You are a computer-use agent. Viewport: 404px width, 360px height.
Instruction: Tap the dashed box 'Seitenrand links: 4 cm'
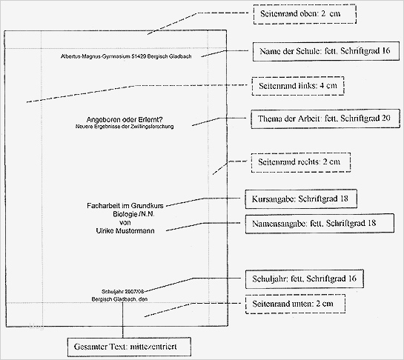tap(297, 85)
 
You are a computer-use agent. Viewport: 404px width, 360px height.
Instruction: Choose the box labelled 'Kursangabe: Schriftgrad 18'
tap(296, 199)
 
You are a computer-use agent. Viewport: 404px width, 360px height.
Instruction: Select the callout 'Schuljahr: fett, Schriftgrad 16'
tap(305, 279)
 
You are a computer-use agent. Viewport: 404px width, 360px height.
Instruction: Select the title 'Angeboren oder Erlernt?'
tap(125, 121)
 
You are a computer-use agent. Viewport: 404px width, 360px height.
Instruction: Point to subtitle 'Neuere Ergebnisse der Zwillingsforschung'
tap(125, 128)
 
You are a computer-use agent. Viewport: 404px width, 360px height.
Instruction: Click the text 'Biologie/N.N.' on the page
tap(125, 213)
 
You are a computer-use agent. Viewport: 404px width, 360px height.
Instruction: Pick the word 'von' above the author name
tap(125, 222)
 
